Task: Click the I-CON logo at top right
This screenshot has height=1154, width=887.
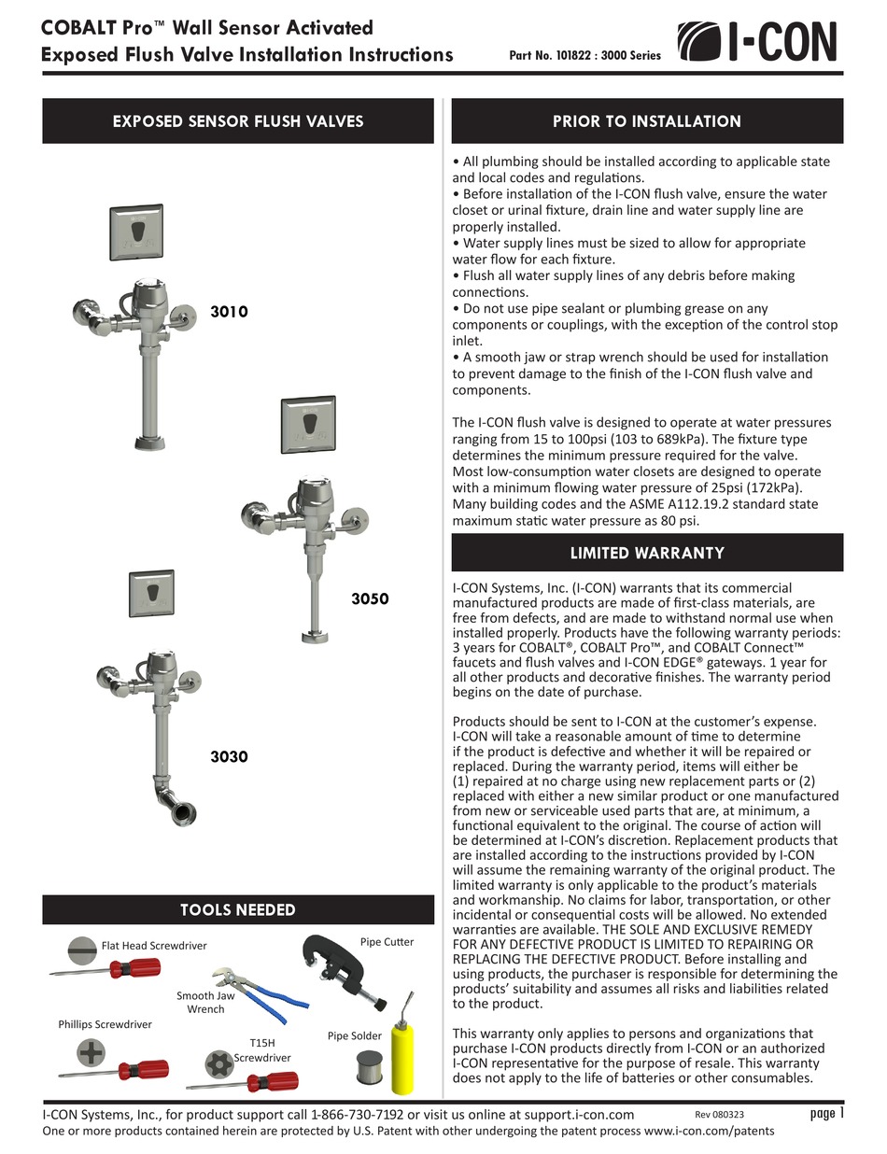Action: point(756,42)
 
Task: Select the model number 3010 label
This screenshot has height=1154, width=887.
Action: point(229,312)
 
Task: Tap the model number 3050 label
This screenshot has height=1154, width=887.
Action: point(369,598)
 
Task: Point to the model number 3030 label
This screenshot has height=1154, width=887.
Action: point(229,756)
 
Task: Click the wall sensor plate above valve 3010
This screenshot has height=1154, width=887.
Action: point(135,232)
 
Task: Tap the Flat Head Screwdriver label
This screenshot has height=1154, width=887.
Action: point(154,946)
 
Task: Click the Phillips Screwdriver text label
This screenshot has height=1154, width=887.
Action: point(105,1024)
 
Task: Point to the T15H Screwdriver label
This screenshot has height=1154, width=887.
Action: point(262,1049)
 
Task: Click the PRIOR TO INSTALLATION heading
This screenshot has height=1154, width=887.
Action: point(646,121)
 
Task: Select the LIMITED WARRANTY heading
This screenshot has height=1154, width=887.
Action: point(646,553)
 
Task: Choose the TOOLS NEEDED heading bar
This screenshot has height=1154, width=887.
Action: point(237,909)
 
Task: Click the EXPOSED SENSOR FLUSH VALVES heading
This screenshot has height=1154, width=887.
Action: point(237,121)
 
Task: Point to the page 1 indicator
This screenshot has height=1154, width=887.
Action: point(826,1113)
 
